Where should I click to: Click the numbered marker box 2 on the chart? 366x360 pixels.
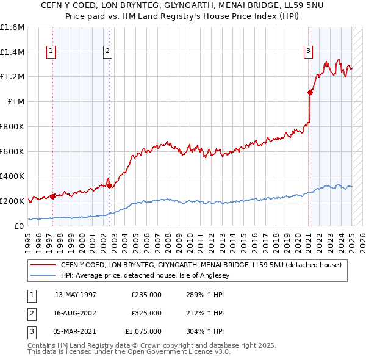(x=107, y=51)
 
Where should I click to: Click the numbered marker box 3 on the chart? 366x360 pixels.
(x=309, y=51)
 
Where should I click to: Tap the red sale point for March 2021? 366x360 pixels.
(x=310, y=92)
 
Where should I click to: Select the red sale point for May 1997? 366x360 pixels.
(x=53, y=196)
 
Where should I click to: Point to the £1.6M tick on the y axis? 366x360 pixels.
(x=12, y=27)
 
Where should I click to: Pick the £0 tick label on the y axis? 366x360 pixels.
(x=20, y=225)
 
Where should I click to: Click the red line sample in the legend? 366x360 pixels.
(x=43, y=265)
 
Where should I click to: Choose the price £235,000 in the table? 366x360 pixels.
(x=146, y=295)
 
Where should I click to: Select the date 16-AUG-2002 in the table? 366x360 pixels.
(x=76, y=313)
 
